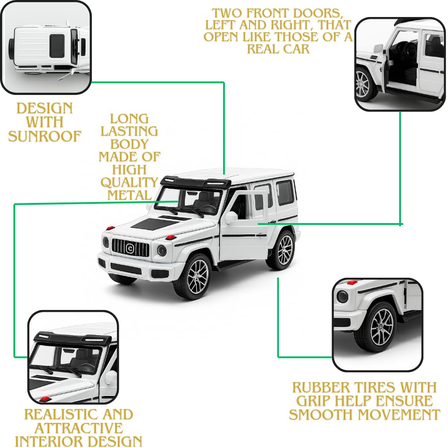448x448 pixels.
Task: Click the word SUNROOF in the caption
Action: coord(45,136)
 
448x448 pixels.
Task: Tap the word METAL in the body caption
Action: coord(129,195)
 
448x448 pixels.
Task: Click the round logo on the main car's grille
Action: coord(130,248)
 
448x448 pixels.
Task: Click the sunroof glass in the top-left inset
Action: coord(57,47)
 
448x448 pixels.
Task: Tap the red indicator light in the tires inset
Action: coord(352,283)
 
